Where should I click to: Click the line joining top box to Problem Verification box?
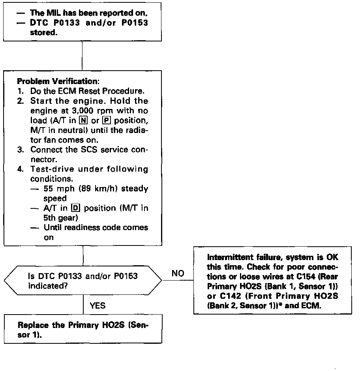(x=82, y=56)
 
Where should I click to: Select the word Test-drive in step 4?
(x=51, y=169)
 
